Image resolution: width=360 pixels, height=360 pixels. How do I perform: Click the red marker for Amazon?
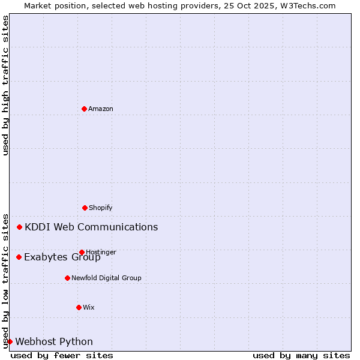pyautogui.click(x=84, y=109)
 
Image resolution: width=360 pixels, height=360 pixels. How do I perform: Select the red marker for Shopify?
pyautogui.click(x=85, y=208)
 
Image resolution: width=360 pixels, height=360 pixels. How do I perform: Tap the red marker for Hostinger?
pyautogui.click(x=82, y=252)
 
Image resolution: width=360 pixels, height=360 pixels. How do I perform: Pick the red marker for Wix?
pyautogui.click(x=79, y=307)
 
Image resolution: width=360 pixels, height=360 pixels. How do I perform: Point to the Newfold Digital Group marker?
pyautogui.click(x=67, y=278)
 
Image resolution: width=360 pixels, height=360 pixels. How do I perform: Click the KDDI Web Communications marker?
pyautogui.click(x=19, y=227)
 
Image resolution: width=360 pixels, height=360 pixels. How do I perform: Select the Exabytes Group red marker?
pyautogui.click(x=19, y=257)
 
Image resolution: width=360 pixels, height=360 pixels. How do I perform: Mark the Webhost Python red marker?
pyautogui.click(x=10, y=341)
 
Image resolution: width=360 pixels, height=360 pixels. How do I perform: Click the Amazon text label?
pyautogui.click(x=101, y=109)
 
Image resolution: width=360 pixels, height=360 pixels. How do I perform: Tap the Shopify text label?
pyautogui.click(x=101, y=208)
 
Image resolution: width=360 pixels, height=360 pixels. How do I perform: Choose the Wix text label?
pyautogui.click(x=89, y=307)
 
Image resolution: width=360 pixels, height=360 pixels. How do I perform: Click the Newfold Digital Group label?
pyautogui.click(x=106, y=278)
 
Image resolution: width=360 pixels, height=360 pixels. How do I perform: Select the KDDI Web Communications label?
pyautogui.click(x=91, y=227)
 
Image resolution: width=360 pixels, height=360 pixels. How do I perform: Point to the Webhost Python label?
pyautogui.click(x=54, y=341)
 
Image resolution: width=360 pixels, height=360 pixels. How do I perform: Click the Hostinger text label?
pyautogui.click(x=101, y=252)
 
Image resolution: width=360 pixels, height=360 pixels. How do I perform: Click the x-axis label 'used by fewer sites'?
pyautogui.click(x=62, y=355)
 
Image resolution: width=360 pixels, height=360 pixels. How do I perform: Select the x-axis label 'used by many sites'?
pyautogui.click(x=301, y=355)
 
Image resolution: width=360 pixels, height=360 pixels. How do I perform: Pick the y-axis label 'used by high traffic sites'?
pyautogui.click(x=5, y=85)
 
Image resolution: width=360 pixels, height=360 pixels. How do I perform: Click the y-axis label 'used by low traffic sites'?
pyautogui.click(x=5, y=280)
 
